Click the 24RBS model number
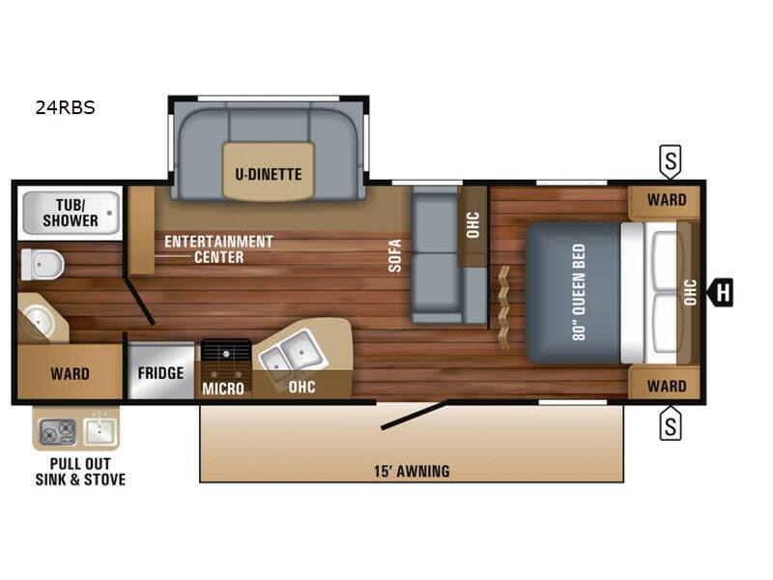pyautogui.click(x=65, y=108)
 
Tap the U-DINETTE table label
pyautogui.click(x=269, y=175)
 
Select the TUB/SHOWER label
pyautogui.click(x=70, y=213)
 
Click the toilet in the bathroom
pyautogui.click(x=41, y=263)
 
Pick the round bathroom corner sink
pyautogui.click(x=40, y=319)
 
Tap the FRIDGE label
pyautogui.click(x=160, y=373)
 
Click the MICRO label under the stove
pyautogui.click(x=223, y=389)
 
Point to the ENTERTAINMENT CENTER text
pyautogui.click(x=218, y=248)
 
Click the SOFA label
pyautogui.click(x=395, y=255)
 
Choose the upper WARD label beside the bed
pyautogui.click(x=667, y=200)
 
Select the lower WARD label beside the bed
pyautogui.click(x=667, y=386)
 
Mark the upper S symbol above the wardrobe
pyautogui.click(x=670, y=161)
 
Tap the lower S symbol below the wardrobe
pyautogui.click(x=670, y=423)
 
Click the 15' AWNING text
pyautogui.click(x=413, y=472)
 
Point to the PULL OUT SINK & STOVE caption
pyautogui.click(x=80, y=472)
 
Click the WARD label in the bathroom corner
pyautogui.click(x=70, y=373)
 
